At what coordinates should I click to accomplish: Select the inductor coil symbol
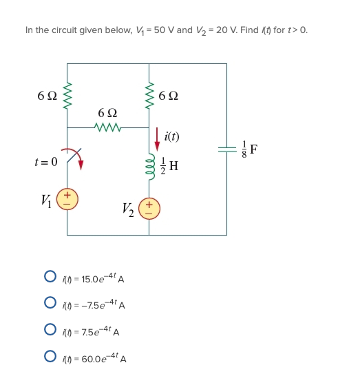tap(149, 164)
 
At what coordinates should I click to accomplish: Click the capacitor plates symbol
tap(226, 149)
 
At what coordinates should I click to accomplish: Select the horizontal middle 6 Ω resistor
tap(108, 127)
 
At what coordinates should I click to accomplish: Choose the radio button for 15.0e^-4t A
tap(50, 278)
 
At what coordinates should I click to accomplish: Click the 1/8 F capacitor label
tap(251, 149)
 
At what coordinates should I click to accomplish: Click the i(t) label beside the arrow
tap(171, 136)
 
